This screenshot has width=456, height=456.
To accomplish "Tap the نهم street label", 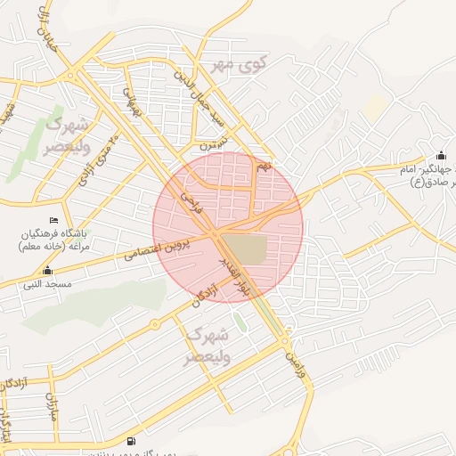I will (x=262, y=167).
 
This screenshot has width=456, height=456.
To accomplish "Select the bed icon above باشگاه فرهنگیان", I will (x=53, y=220).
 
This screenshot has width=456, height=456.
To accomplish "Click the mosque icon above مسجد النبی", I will (x=47, y=270).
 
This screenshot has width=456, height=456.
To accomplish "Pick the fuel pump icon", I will (x=132, y=440).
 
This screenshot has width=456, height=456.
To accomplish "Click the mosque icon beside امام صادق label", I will (x=442, y=156).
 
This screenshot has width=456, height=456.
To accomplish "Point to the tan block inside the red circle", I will (x=242, y=248).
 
